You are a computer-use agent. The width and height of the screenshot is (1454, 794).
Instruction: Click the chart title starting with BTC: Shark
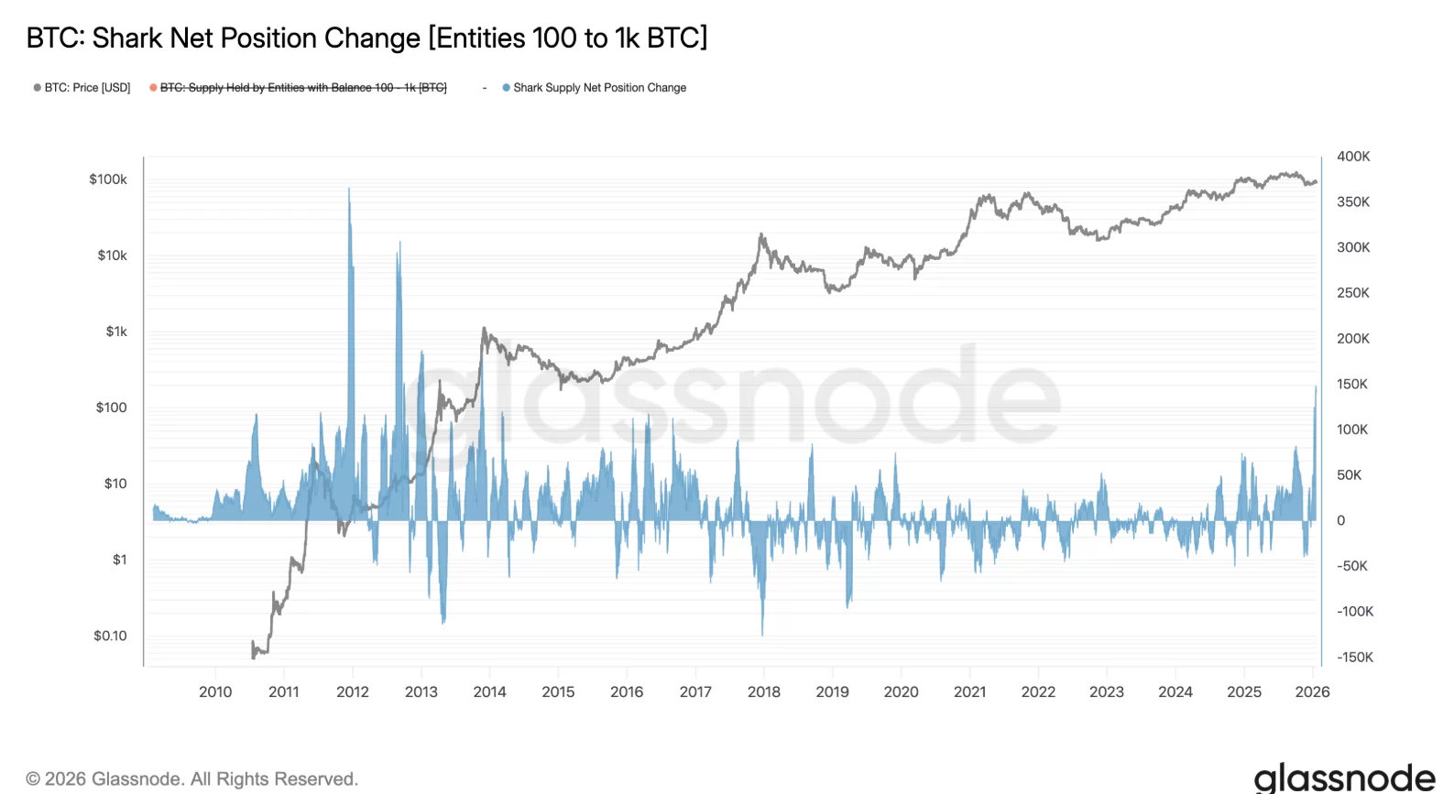pos(366,38)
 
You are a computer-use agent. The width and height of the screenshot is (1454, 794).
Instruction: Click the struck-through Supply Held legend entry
pos(302,88)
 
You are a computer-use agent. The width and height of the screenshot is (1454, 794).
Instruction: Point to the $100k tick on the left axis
pos(108,179)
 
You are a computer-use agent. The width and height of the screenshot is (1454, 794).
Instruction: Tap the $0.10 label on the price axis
pos(110,636)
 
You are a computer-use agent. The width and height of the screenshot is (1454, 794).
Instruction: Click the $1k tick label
pos(116,332)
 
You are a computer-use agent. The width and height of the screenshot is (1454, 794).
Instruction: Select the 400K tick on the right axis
pos(1353,157)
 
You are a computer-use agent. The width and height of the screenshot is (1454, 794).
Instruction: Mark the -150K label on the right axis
pos(1355,658)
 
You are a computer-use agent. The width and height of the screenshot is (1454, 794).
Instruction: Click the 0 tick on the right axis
pos(1341,521)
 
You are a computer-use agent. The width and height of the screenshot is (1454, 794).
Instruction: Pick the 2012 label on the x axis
pos(353,692)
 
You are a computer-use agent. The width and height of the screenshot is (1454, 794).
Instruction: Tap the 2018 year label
pos(764,692)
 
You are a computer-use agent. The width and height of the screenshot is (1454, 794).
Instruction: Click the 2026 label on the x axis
pos(1312,692)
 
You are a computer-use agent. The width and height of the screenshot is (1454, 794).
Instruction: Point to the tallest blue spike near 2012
pos(349,190)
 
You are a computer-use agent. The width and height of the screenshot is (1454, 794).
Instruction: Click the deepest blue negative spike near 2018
pos(762,632)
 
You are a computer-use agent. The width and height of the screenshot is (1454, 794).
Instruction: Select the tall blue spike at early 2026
pos(1316,388)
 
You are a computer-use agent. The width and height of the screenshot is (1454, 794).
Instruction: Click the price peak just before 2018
pos(760,234)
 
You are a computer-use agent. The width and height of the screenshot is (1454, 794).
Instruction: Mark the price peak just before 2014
pos(485,329)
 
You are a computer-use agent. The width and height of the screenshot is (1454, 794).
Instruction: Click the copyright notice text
pos(191,779)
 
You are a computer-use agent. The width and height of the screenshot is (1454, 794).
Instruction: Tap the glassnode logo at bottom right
pos(1344,778)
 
